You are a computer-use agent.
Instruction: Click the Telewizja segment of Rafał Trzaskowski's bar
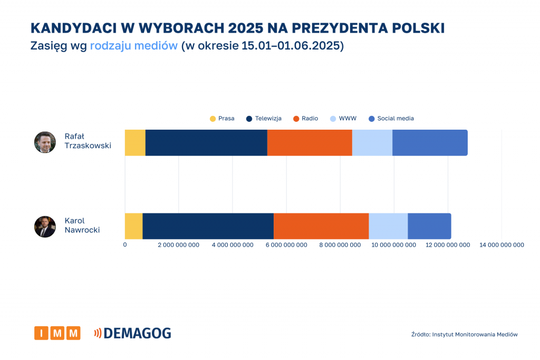point(206,142)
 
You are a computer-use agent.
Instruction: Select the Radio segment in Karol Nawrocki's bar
point(321,226)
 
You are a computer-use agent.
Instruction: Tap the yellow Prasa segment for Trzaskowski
point(135,142)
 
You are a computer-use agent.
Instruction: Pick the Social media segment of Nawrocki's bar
point(429,226)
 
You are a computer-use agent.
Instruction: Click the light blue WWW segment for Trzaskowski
point(372,142)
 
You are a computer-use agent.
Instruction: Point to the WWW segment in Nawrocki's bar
point(388,226)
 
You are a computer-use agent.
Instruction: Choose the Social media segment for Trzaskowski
point(430,142)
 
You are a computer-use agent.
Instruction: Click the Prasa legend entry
point(222,119)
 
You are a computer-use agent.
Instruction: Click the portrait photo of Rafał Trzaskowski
point(45,142)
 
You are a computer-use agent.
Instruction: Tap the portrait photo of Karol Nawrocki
point(45,227)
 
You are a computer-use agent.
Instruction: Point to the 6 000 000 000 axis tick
point(286,245)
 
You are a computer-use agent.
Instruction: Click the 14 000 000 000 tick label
point(501,245)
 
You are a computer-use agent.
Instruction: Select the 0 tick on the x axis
point(125,245)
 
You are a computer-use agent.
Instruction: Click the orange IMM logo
point(57,333)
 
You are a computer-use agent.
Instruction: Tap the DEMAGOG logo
point(132,333)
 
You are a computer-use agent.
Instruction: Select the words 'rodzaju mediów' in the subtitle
point(133,46)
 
